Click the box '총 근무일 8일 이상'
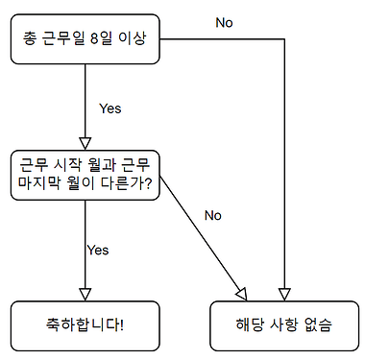click(x=85, y=38)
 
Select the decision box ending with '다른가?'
click(x=85, y=175)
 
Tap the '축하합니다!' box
click(x=85, y=325)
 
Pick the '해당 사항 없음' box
click(x=284, y=325)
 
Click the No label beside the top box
click(x=224, y=23)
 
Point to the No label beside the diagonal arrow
click(x=213, y=215)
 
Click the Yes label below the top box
click(x=110, y=108)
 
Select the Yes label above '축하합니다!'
click(x=98, y=250)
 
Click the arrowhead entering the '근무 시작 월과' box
click(x=85, y=144)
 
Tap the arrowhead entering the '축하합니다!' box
click(x=85, y=295)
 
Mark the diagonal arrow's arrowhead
click(x=242, y=294)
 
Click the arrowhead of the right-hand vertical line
click(x=284, y=295)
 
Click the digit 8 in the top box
click(x=93, y=38)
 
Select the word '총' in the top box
click(x=30, y=38)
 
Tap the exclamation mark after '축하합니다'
click(x=122, y=325)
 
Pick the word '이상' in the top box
click(x=133, y=38)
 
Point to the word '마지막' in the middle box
click(x=38, y=183)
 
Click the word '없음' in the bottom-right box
click(x=318, y=325)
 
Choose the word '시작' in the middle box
click(x=67, y=165)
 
